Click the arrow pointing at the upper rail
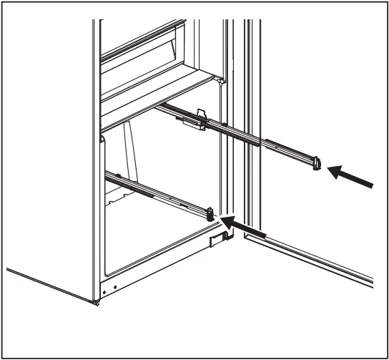tap(353, 178)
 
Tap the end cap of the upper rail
tap(317, 165)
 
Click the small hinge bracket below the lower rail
tap(214, 242)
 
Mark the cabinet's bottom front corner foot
tap(95, 301)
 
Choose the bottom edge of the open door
tap(307, 261)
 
